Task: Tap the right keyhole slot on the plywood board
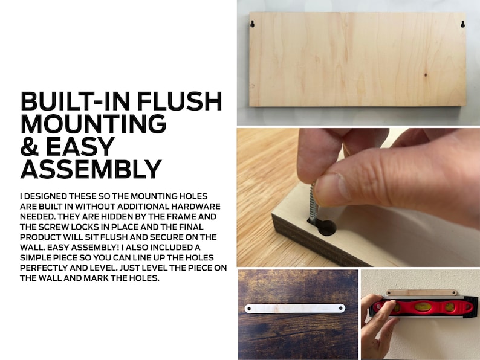tap(462, 24)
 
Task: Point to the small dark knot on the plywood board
tap(425, 75)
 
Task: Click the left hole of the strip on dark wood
tap(248, 309)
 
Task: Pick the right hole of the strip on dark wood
tap(342, 308)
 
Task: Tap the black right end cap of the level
tap(471, 306)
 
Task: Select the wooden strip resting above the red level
tap(421, 293)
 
